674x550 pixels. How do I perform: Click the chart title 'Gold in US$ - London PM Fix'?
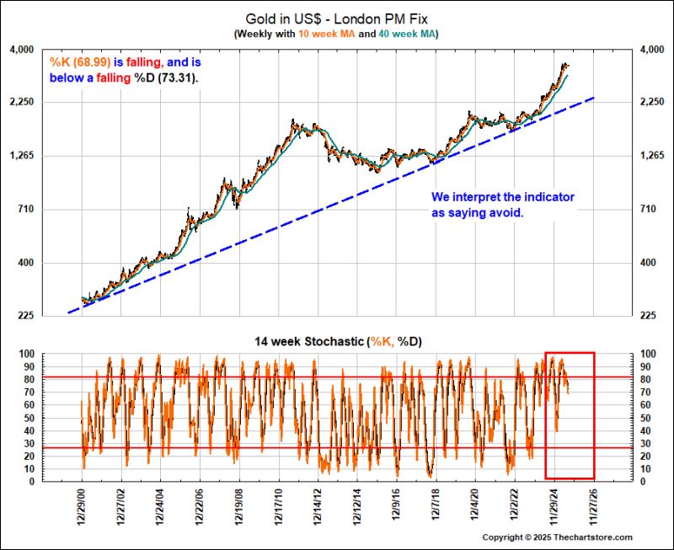pyautogui.click(x=335, y=18)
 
